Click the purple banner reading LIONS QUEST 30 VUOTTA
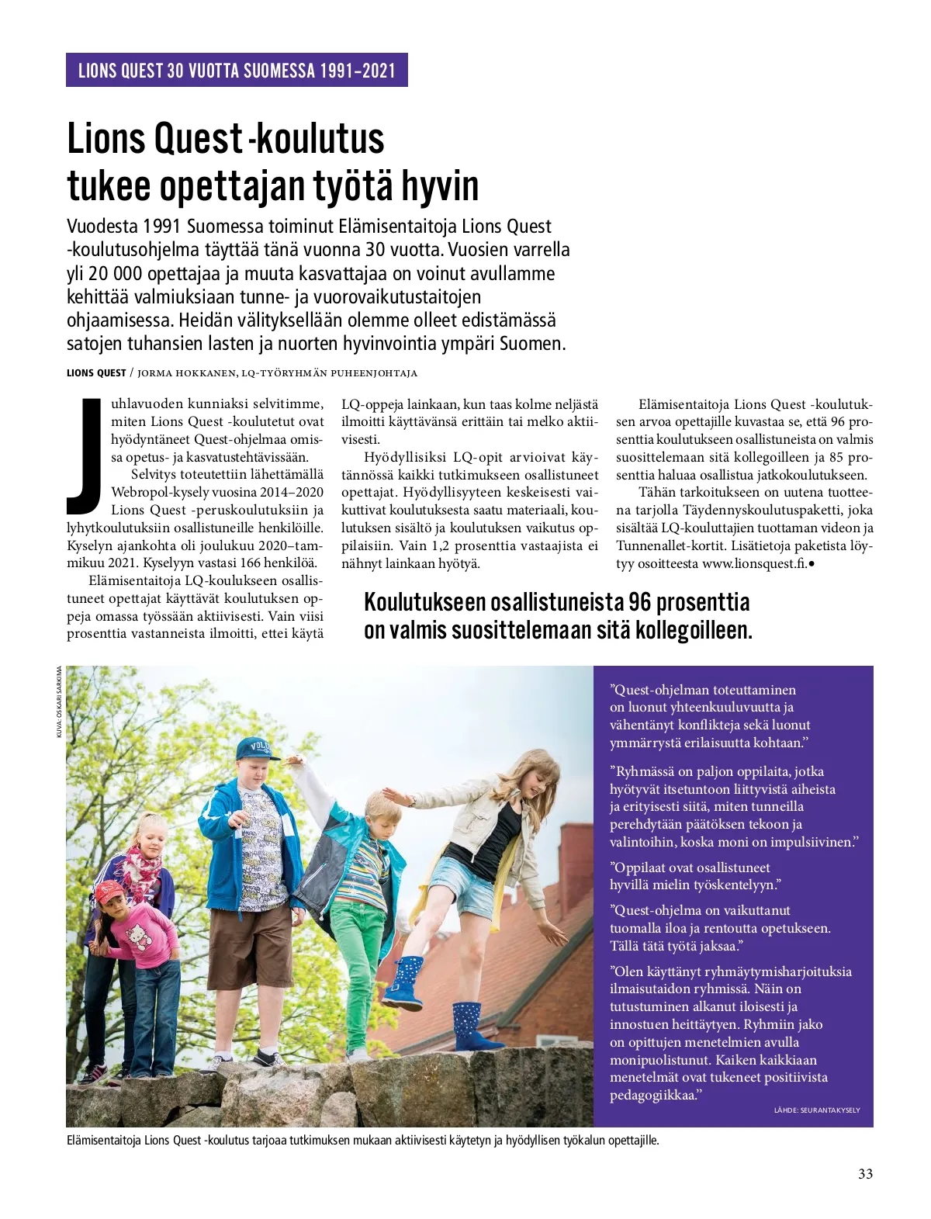pos(237,71)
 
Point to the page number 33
pos(865,1173)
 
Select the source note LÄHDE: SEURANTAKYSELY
pos(816,1110)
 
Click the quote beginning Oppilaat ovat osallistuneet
pos(694,876)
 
